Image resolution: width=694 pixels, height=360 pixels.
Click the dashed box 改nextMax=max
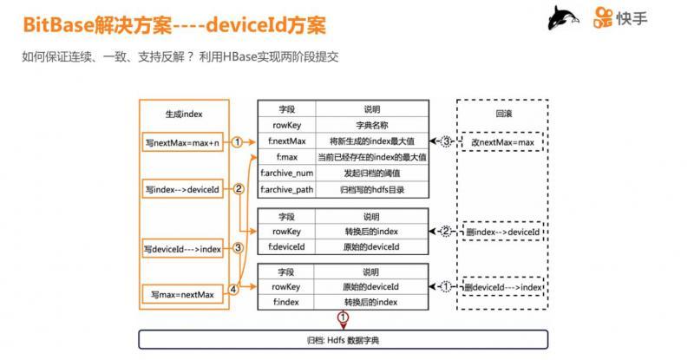[501, 141]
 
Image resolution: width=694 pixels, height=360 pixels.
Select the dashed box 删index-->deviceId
[501, 232]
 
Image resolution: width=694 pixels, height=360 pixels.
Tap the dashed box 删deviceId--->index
[501, 286]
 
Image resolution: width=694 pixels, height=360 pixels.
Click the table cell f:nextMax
[286, 141]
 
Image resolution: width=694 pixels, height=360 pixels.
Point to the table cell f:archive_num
[286, 173]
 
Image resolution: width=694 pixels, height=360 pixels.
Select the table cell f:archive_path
[286, 189]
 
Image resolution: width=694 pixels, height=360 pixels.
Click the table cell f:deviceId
[286, 247]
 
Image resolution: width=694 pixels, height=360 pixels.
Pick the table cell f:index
[286, 302]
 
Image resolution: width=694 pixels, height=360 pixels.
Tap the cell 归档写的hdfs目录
[370, 189]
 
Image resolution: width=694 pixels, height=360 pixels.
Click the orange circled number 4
[233, 289]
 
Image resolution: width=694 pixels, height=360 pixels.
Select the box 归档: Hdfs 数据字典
[344, 339]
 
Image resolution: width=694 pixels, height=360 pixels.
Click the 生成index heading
[184, 115]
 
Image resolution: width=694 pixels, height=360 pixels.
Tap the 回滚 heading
[501, 114]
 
